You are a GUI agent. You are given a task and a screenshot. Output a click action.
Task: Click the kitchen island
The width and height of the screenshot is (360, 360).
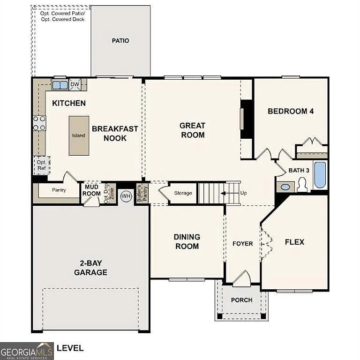78,135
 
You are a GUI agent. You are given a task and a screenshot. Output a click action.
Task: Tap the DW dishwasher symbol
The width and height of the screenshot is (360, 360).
75,85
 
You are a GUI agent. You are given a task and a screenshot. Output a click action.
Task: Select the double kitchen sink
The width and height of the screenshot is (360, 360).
60,85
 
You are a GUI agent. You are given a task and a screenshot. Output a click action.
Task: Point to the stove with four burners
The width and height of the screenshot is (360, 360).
39,123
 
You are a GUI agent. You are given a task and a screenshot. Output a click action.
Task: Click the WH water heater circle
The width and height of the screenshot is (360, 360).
126,196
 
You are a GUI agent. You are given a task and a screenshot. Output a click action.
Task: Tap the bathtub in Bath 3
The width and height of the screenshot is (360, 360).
320,174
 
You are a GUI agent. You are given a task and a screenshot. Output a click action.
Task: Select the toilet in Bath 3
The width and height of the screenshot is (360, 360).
302,185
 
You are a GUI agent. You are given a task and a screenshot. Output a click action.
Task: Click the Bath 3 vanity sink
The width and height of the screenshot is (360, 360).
285,187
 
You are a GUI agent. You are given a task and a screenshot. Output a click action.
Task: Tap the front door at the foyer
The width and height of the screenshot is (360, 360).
242,280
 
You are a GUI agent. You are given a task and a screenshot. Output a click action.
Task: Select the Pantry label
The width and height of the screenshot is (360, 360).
59,190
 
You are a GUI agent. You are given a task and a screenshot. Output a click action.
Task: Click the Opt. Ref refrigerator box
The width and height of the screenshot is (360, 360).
41,165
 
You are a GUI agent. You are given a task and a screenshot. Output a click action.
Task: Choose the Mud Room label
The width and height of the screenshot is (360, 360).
92,190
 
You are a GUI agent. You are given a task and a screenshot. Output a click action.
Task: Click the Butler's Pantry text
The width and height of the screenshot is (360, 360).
139,194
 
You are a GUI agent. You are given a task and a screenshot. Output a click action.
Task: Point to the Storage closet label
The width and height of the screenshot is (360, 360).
183,193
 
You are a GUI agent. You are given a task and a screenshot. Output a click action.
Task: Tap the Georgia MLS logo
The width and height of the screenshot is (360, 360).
27,351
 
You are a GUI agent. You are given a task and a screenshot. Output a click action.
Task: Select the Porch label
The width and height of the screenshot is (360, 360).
242,300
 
